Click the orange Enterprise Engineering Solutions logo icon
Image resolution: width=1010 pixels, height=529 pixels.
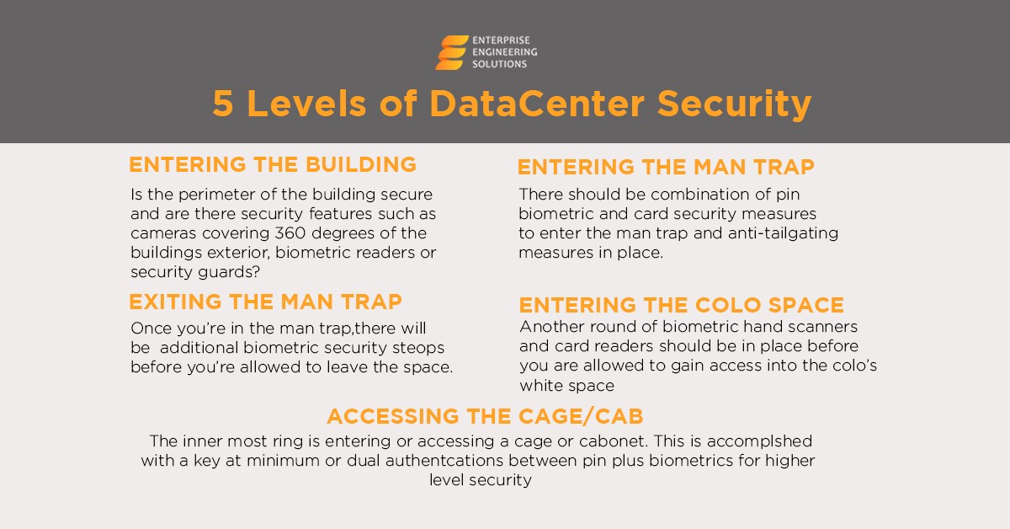tap(452, 52)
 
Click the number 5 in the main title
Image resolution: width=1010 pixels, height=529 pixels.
tap(223, 104)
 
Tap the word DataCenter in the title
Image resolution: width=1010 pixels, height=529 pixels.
tap(537, 104)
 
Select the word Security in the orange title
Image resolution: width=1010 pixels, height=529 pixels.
tap(734, 104)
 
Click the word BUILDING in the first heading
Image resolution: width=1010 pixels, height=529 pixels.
tap(361, 164)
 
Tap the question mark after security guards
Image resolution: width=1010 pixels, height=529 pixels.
tap(257, 272)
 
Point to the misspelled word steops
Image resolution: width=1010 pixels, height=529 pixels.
tap(418, 348)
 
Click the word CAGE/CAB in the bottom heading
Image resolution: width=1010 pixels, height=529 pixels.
tap(581, 416)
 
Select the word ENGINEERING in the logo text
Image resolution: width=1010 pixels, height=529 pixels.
tap(504, 52)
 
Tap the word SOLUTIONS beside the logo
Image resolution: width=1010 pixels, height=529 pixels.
tap(499, 64)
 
